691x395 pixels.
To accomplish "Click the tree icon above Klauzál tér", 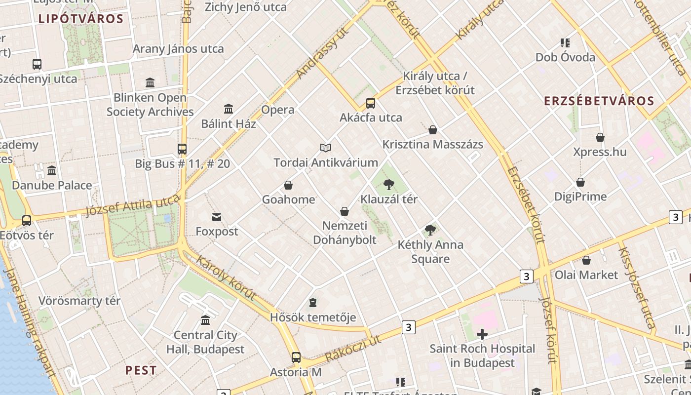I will (x=389, y=185).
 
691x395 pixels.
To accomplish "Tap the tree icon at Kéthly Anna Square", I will (x=430, y=230).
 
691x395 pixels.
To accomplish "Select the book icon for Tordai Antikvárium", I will (x=326, y=148).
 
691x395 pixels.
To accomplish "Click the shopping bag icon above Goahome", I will (x=288, y=185).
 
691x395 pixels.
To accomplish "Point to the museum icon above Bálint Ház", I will (x=229, y=109).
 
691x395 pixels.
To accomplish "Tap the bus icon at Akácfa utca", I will (x=371, y=103).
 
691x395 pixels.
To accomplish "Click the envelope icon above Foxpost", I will (x=217, y=217).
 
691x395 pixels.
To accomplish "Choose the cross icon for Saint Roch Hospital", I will (x=482, y=334).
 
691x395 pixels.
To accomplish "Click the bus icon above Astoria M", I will (x=296, y=357).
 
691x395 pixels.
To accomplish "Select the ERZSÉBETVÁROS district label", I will (x=599, y=101).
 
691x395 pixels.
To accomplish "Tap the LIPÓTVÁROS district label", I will (x=80, y=19).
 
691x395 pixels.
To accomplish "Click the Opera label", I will (x=278, y=110).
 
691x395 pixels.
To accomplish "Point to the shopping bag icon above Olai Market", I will (x=586, y=260).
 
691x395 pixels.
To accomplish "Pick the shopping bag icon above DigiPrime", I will (x=580, y=182).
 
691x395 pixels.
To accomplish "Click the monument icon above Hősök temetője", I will (x=313, y=302).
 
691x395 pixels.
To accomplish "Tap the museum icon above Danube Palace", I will (x=52, y=171).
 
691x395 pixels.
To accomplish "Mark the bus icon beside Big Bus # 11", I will (x=182, y=149).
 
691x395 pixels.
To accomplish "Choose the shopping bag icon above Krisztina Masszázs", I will (x=433, y=130).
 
